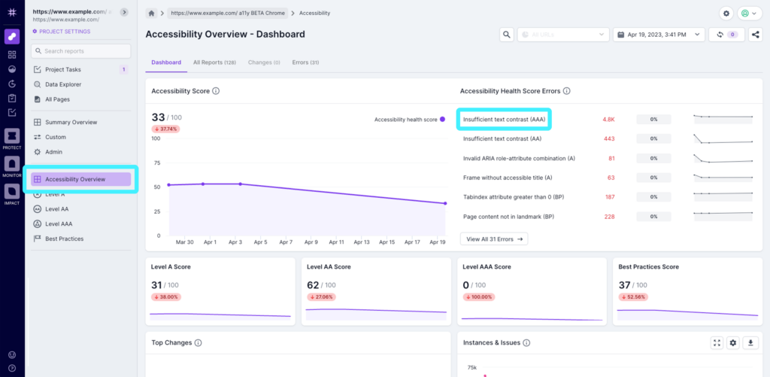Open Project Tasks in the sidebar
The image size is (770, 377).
(63, 69)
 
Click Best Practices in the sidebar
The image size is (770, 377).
(64, 239)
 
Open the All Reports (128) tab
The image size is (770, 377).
(214, 62)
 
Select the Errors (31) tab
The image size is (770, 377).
(305, 62)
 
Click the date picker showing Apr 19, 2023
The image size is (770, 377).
(659, 35)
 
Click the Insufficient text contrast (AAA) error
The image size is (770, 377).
(504, 119)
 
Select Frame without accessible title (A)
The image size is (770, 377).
(508, 178)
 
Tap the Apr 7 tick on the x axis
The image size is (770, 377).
(285, 243)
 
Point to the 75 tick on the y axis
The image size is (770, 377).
(156, 162)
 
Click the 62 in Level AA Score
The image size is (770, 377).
(314, 284)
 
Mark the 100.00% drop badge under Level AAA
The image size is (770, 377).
(477, 296)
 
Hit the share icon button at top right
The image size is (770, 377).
(755, 35)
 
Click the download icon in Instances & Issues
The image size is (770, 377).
(750, 342)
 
